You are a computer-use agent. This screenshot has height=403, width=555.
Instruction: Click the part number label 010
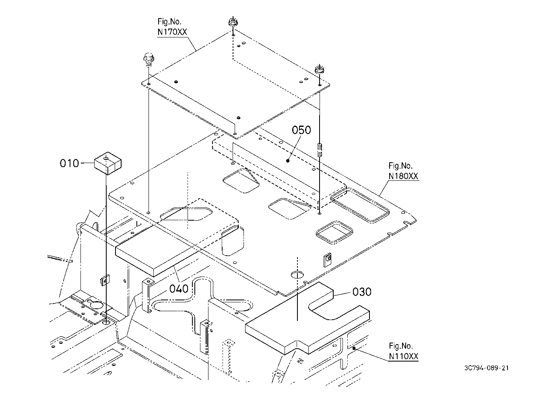click(69, 163)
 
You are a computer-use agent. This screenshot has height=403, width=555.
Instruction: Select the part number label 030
click(362, 292)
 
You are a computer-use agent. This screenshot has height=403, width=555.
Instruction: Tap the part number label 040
click(179, 289)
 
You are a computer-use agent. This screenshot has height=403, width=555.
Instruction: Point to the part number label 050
click(301, 130)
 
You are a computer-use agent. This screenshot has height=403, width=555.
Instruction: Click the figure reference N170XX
click(172, 32)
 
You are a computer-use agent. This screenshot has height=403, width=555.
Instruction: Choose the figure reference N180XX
click(403, 176)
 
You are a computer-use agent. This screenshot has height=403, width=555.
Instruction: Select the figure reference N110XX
click(403, 356)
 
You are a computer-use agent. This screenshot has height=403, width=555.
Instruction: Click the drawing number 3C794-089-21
click(487, 368)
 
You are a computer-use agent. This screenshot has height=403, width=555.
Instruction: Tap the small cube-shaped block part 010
click(107, 163)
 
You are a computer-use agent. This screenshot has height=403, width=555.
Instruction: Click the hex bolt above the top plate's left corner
click(148, 59)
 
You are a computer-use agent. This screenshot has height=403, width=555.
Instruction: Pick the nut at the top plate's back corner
click(233, 22)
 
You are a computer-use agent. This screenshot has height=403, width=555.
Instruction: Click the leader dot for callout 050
click(288, 161)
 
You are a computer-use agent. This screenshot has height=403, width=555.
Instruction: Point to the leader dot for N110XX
click(354, 348)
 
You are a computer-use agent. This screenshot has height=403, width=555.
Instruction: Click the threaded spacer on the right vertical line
click(320, 150)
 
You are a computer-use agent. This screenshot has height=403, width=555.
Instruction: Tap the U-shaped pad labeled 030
click(307, 318)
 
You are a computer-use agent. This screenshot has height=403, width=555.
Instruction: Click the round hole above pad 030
click(297, 275)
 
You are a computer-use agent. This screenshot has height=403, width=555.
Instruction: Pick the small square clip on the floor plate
click(328, 260)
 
